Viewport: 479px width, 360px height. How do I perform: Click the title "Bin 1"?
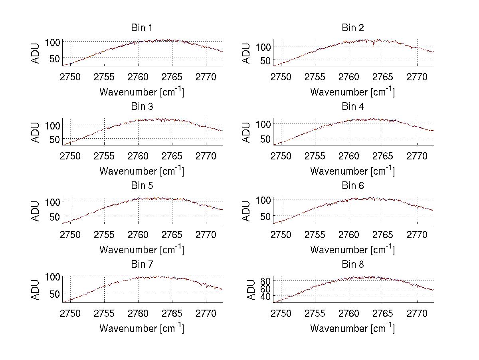coord(141,28)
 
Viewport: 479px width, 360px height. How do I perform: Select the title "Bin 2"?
coord(352,28)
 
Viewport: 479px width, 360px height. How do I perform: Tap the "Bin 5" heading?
coord(141,186)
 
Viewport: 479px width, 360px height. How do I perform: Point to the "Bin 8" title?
coord(352,265)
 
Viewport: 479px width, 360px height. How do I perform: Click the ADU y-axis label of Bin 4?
coord(247,132)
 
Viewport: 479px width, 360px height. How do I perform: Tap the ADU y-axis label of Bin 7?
coord(36,290)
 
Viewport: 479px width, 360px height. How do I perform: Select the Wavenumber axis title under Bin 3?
coord(142,171)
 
